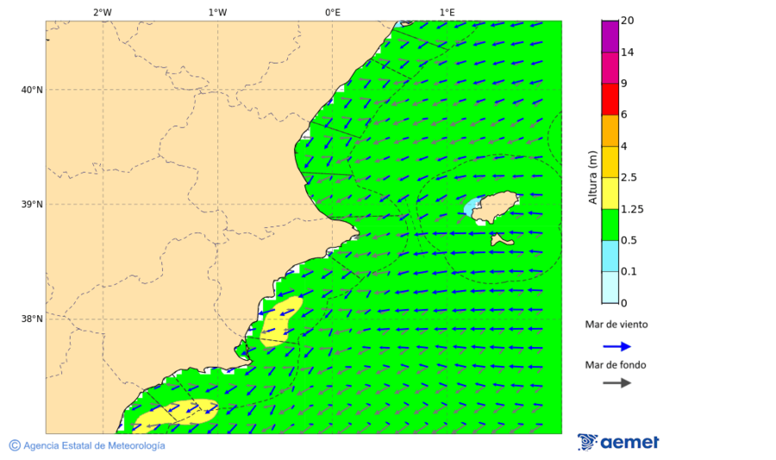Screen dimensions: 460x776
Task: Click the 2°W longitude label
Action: pyautogui.click(x=102, y=12)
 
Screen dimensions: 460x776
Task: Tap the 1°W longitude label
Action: pyautogui.click(x=217, y=12)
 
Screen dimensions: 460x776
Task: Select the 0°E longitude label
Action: pyautogui.click(x=332, y=12)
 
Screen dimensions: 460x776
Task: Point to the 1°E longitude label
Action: pyautogui.click(x=447, y=12)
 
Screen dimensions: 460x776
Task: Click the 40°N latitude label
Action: pyautogui.click(x=32, y=90)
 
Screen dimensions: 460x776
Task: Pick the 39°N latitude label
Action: pyautogui.click(x=32, y=205)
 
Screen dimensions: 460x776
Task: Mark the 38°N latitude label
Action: pyautogui.click(x=32, y=319)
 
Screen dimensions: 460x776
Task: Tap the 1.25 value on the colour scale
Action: pyautogui.click(x=633, y=209)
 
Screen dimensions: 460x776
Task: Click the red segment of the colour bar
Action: pyautogui.click(x=610, y=99)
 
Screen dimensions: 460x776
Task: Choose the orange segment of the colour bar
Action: pyautogui.click(x=610, y=130)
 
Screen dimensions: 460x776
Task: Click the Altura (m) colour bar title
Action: pyautogui.click(x=592, y=177)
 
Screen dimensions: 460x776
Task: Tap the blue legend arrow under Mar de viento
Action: pyautogui.click(x=616, y=346)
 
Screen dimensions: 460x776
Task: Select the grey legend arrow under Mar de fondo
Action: pyautogui.click(x=616, y=382)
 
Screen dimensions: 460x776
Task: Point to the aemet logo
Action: pyautogui.click(x=618, y=442)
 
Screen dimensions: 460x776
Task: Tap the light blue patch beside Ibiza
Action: pyautogui.click(x=471, y=208)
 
